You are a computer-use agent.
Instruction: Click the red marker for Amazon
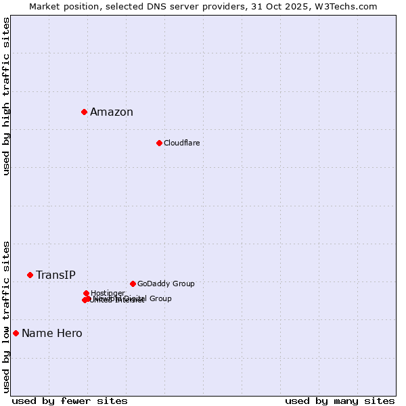84,112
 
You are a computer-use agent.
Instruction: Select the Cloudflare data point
159,143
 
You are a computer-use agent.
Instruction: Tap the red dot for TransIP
30,275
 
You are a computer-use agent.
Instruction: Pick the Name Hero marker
16,333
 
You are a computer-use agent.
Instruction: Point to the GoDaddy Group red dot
133,284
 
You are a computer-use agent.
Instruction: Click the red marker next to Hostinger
86,293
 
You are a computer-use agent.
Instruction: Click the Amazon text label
112,112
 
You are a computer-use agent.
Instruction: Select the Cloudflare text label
181,143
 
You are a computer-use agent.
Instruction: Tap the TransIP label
55,275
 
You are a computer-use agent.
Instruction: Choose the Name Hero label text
52,333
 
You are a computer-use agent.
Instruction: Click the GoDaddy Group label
166,284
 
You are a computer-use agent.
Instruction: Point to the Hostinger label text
108,293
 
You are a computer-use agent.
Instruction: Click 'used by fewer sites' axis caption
70,401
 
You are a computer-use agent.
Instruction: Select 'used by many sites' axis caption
340,401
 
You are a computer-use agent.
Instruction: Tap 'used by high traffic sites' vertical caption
7,96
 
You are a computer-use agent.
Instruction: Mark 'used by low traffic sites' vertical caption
7,316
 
